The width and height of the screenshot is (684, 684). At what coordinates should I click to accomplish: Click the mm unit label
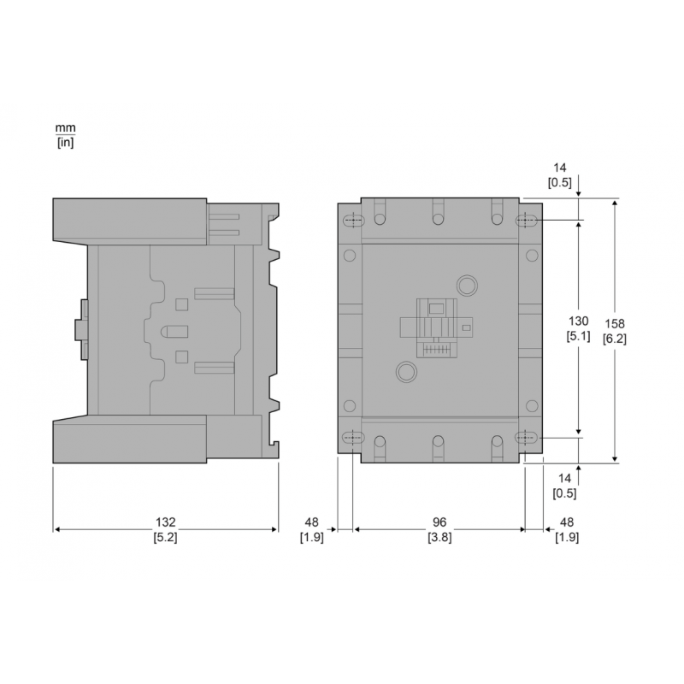click(66, 128)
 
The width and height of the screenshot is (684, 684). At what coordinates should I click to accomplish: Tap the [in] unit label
click(66, 142)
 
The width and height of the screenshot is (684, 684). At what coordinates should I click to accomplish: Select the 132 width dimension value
click(165, 522)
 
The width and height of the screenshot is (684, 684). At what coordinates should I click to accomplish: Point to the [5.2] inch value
click(165, 538)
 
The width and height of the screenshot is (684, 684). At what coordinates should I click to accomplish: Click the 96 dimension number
click(439, 522)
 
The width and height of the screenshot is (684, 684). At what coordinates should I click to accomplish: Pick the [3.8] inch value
click(439, 538)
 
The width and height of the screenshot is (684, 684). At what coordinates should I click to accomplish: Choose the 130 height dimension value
click(579, 321)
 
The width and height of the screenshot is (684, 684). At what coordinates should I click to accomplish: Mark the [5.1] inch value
click(579, 337)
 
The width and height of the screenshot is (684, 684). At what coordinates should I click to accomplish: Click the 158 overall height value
click(614, 324)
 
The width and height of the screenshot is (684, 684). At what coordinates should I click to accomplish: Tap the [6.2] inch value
click(614, 339)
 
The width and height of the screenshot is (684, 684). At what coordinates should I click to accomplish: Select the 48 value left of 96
click(311, 522)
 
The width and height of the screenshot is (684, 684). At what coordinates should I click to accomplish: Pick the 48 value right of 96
click(566, 522)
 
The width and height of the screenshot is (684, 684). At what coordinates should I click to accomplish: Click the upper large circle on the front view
click(467, 285)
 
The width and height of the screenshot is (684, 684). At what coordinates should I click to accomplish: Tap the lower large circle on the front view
click(404, 372)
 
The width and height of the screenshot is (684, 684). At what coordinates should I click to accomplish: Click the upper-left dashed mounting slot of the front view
click(351, 221)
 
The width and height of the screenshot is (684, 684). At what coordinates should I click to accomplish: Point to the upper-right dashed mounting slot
click(526, 221)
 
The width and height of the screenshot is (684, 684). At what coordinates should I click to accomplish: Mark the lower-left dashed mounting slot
click(351, 438)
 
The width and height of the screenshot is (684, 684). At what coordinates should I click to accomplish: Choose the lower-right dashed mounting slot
click(526, 438)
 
